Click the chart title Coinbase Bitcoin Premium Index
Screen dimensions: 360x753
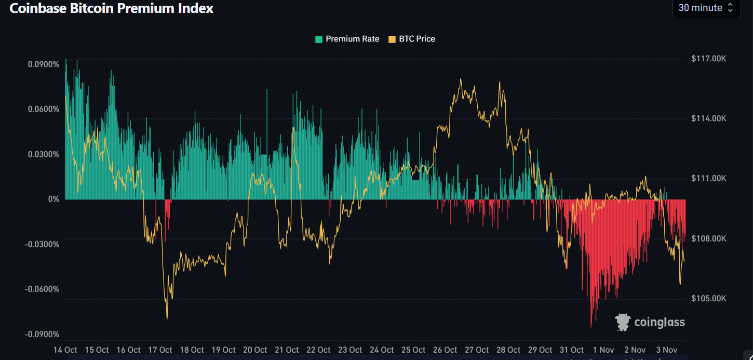111,8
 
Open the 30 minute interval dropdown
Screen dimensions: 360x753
706,8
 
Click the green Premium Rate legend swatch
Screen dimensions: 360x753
319,39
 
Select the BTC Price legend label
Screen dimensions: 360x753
416,39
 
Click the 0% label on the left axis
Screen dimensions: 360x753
53,199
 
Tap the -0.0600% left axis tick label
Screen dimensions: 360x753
42,289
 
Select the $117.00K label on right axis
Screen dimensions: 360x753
708,59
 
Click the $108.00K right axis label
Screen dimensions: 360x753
708,238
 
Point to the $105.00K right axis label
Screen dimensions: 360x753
708,299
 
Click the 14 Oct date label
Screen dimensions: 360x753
65,350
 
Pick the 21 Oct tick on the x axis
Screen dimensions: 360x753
286,350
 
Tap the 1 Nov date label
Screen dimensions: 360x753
603,350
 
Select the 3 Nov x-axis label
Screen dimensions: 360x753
667,350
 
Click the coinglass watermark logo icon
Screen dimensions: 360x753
623,322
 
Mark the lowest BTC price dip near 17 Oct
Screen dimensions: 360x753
167,318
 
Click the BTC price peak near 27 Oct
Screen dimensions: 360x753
460,79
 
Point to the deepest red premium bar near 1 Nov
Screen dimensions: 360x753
591,326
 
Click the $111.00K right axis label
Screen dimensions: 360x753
708,178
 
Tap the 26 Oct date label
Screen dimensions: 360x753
445,350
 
